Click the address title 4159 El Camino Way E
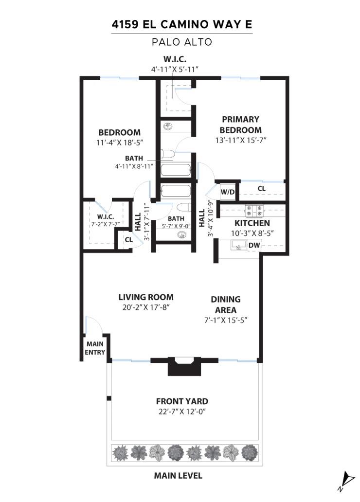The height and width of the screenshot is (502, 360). [x=182, y=24]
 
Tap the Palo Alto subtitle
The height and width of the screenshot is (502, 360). [x=182, y=42]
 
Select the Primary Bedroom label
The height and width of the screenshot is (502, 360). [x=240, y=125]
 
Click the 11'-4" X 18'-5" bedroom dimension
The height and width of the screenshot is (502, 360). [x=120, y=143]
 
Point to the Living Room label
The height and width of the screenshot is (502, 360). [x=146, y=297]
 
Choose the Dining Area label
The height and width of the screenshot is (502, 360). [x=226, y=305]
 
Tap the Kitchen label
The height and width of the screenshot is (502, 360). [x=252, y=223]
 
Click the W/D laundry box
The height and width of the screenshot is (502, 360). [x=228, y=192]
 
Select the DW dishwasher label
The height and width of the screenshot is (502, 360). [x=254, y=246]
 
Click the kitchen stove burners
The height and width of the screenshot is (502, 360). [x=254, y=211]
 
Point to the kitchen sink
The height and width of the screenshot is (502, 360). [x=239, y=245]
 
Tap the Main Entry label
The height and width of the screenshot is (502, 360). [x=95, y=348]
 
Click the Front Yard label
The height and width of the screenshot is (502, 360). [x=182, y=401]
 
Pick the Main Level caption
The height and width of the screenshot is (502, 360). [x=178, y=476]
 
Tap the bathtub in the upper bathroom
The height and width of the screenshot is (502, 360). [x=176, y=170]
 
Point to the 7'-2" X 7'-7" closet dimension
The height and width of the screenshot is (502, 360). [x=106, y=224]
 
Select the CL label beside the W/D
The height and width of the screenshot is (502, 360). [x=261, y=189]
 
